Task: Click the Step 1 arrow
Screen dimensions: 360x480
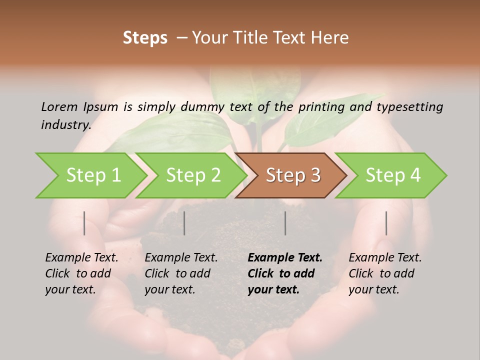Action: click(x=92, y=175)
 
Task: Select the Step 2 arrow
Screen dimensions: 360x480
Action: click(x=192, y=175)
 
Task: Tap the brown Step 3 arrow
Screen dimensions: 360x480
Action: click(x=292, y=175)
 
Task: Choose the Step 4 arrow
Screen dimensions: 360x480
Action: click(x=392, y=175)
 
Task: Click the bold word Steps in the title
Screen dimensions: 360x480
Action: click(x=145, y=37)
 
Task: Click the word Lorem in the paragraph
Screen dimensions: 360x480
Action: click(x=59, y=106)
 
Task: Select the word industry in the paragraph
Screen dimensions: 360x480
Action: click(x=65, y=124)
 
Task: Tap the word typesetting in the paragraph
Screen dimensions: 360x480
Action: click(x=409, y=106)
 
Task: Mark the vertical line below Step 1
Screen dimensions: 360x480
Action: click(x=84, y=223)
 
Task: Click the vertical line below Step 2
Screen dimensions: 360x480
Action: click(x=184, y=223)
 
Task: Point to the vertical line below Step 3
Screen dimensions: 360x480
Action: click(x=285, y=223)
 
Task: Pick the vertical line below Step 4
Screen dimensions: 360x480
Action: click(x=386, y=223)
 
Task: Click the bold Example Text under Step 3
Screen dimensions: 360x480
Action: click(x=285, y=258)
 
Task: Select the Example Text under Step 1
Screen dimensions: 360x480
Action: click(x=81, y=258)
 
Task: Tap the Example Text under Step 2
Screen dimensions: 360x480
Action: click(x=181, y=258)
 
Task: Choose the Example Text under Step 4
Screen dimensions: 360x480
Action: click(x=385, y=258)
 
